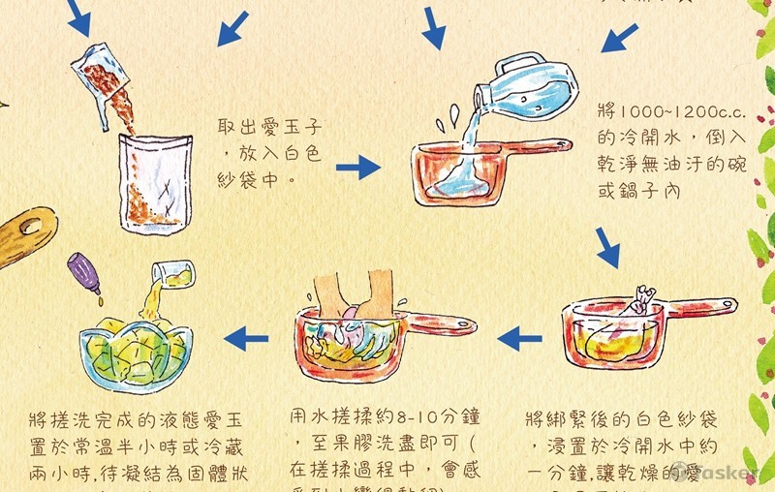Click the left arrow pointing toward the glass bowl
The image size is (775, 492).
click(x=246, y=338)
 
